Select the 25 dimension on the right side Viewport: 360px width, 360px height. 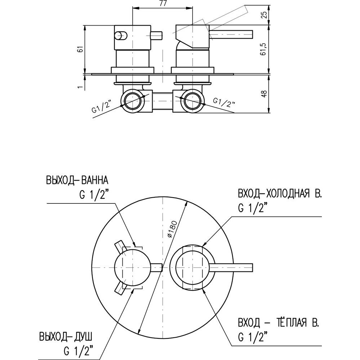(265, 15)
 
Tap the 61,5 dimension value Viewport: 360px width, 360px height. (265, 48)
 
